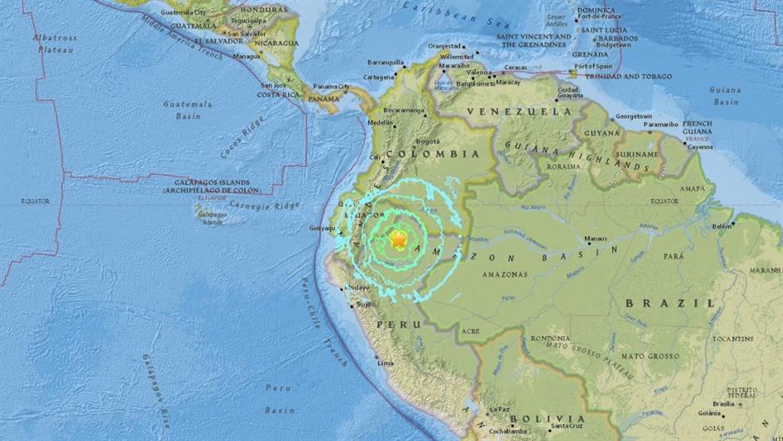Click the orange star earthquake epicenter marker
[398, 240]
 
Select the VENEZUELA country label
[507, 111]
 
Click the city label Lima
[385, 363]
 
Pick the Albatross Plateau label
[54, 43]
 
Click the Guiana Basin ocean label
[725, 95]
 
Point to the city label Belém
[722, 225]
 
